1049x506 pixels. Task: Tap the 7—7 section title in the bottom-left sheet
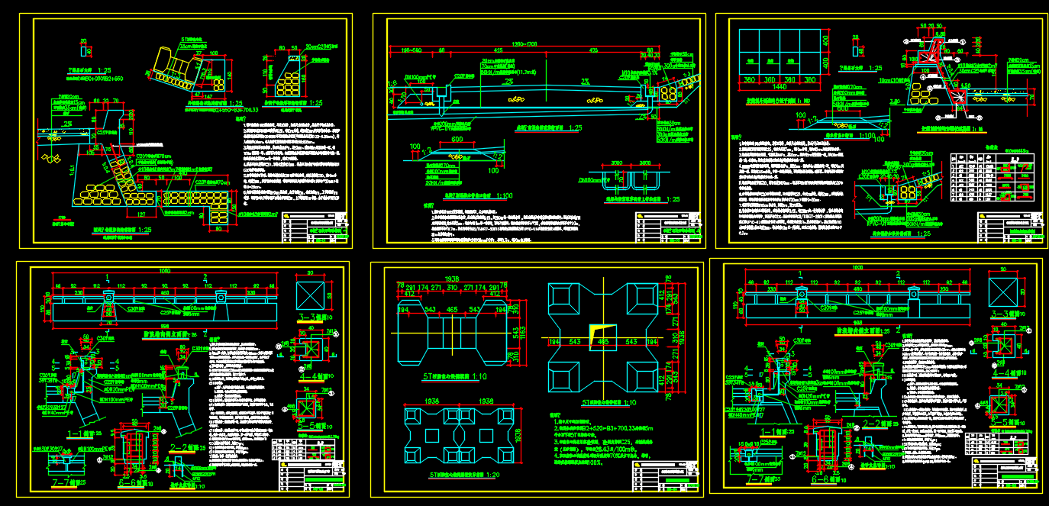[63, 482]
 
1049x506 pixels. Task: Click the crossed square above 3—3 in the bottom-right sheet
[1004, 292]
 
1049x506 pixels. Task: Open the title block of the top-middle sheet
[667, 228]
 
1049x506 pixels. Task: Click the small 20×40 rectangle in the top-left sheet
[84, 51]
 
